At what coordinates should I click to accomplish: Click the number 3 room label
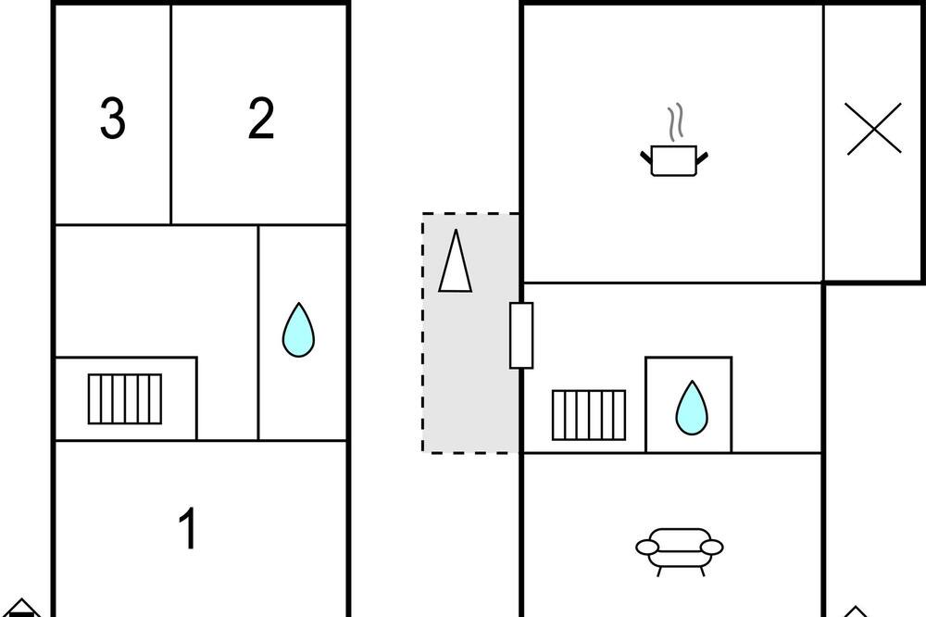tap(113, 119)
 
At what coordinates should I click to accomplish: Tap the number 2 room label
tap(261, 119)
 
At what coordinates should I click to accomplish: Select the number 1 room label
tap(188, 528)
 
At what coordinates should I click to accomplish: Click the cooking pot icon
tap(674, 160)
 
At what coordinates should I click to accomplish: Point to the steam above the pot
tap(676, 122)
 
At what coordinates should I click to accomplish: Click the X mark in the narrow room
tap(873, 129)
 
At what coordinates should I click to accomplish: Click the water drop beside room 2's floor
tap(298, 330)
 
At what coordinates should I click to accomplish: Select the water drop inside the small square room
tap(692, 408)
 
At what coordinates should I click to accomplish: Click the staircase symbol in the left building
tap(125, 399)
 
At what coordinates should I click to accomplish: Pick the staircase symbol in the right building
tap(589, 415)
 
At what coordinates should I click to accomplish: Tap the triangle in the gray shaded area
tap(456, 260)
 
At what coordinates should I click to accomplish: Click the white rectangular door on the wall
tap(521, 335)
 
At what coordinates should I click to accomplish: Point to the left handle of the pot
tap(646, 157)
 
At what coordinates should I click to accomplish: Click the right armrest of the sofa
tap(711, 548)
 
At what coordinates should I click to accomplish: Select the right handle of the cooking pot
tap(702, 157)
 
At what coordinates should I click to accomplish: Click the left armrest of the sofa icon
tap(647, 548)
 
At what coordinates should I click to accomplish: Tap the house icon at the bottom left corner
tap(21, 608)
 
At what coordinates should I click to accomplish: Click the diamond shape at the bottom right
tap(856, 611)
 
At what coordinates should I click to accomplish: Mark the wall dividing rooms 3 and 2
tap(171, 115)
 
